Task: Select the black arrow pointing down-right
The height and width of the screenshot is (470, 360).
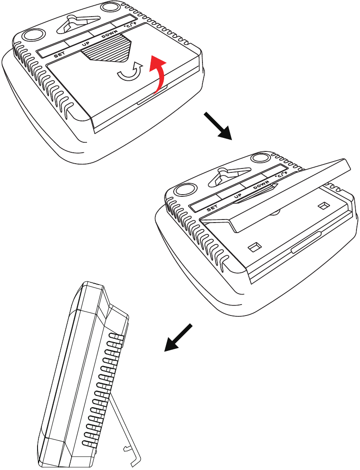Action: pyautogui.click(x=218, y=126)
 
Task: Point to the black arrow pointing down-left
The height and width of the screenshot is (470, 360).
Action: pyautogui.click(x=178, y=337)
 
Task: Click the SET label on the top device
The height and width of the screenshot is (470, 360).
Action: pyautogui.click(x=59, y=55)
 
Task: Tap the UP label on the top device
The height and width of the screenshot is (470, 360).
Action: pyautogui.click(x=86, y=45)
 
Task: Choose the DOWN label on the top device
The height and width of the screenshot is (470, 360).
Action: pyautogui.click(x=110, y=34)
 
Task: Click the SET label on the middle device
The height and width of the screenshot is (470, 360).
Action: pyautogui.click(x=212, y=208)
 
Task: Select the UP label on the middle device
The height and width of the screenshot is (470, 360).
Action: pyautogui.click(x=238, y=196)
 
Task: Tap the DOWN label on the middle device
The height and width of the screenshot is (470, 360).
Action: pyautogui.click(x=261, y=185)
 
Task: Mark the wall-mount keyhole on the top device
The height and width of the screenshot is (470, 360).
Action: pyautogui.click(x=77, y=24)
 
